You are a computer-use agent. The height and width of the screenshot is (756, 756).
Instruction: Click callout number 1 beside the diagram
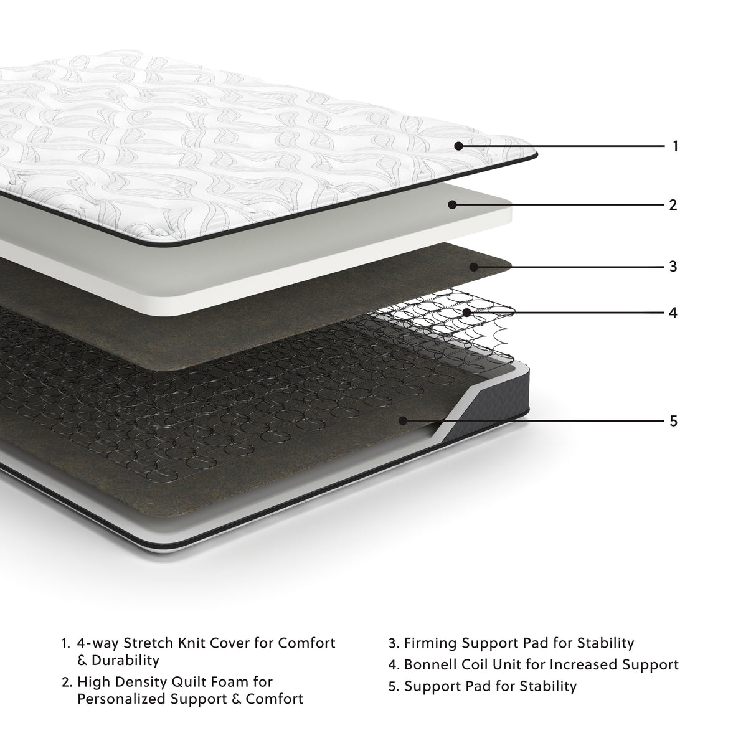point(675,146)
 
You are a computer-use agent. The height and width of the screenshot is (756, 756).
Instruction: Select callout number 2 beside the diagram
point(673,204)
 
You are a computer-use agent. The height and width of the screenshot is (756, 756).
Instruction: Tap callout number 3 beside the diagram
point(673,267)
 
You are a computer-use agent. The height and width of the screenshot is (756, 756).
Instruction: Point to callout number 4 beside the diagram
point(673,312)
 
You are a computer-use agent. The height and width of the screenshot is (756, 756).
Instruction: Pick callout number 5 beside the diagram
point(673,421)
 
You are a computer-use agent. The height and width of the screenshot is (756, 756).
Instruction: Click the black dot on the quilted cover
point(458,146)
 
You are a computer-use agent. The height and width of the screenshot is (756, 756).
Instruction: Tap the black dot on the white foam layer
point(453,204)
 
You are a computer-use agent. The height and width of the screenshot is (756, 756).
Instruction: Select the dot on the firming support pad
point(473,267)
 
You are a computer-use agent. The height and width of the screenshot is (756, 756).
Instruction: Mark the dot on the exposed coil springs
point(466,312)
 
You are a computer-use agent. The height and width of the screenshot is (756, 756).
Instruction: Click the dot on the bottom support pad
point(404,421)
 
